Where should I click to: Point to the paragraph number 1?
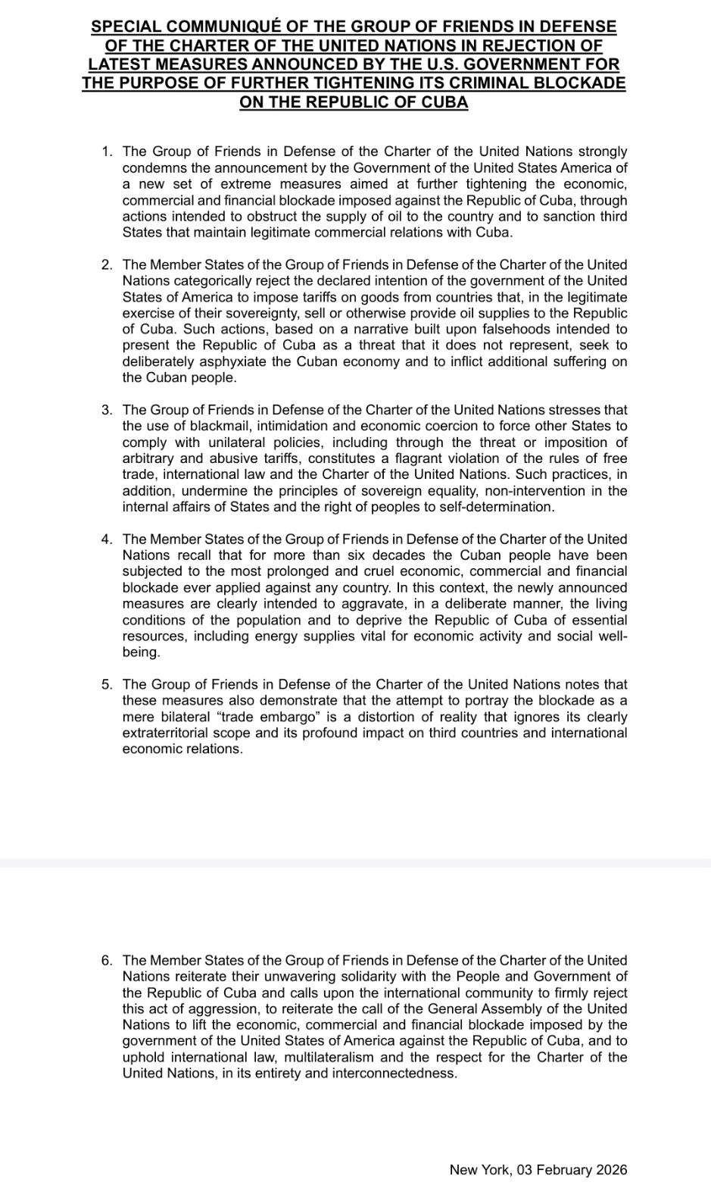(107, 152)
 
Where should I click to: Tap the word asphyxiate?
(232, 361)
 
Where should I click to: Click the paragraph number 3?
(107, 411)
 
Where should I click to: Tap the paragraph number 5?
(107, 685)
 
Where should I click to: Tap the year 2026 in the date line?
(612, 1170)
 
